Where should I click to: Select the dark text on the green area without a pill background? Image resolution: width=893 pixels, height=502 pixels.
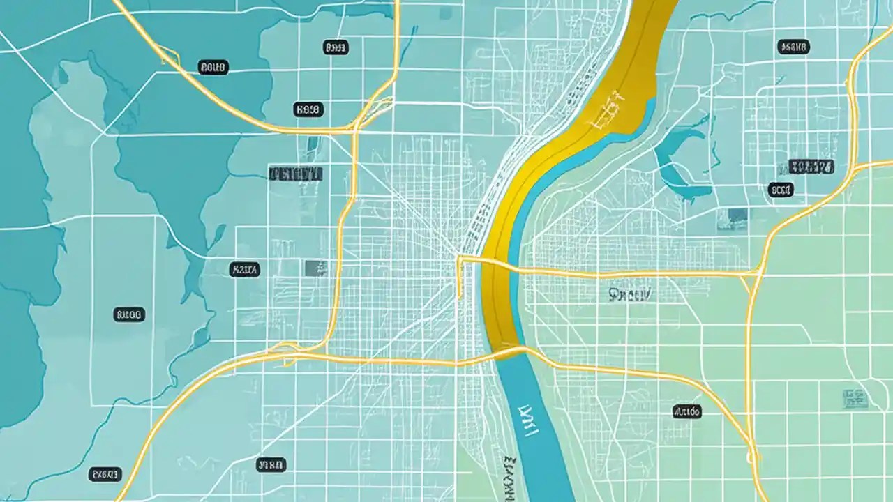click(x=629, y=295)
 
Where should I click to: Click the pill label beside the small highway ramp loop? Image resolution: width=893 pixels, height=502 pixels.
click(x=213, y=68)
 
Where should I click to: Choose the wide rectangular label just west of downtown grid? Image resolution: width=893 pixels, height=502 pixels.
click(x=296, y=174)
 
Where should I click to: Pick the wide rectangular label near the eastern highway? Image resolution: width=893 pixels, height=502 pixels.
click(x=811, y=167)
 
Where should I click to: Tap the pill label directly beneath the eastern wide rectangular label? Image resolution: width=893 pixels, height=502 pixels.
click(x=781, y=190)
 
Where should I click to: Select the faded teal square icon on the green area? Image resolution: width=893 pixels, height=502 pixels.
click(x=854, y=398)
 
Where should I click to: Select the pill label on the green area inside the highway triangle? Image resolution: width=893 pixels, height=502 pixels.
click(x=686, y=412)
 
